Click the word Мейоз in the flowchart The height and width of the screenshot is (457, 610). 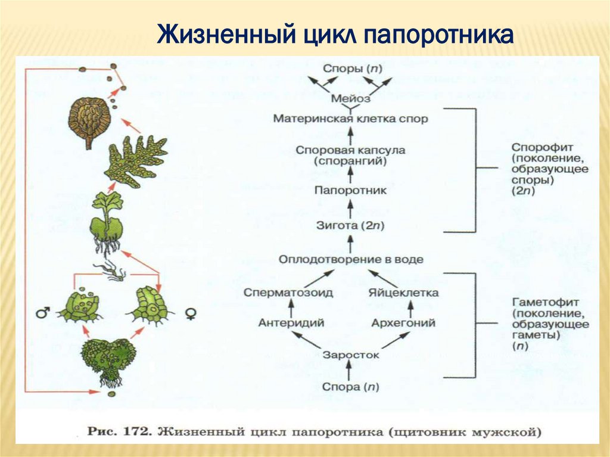[x=350, y=98]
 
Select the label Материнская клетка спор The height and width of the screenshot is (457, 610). [x=350, y=119]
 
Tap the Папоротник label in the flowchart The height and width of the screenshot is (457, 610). [x=350, y=191]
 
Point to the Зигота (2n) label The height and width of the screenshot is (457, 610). [x=350, y=226]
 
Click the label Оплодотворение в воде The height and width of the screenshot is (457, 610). [x=350, y=260]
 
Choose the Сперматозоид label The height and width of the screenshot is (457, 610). [x=288, y=293]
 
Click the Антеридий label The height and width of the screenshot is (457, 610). [x=291, y=323]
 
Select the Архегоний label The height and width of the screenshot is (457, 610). [x=403, y=323]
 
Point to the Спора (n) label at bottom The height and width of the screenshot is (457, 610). [x=350, y=387]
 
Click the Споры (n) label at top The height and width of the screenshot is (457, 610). [x=350, y=68]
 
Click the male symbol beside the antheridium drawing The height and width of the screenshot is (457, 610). [x=42, y=312]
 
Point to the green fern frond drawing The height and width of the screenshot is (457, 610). [x=135, y=160]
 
